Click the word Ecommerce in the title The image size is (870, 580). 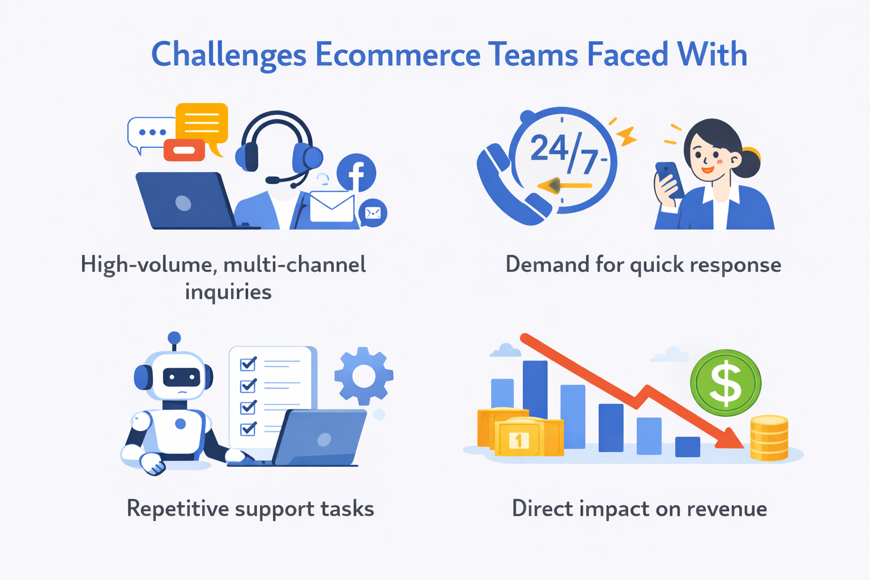[x=398, y=55]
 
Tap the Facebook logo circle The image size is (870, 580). [x=356, y=173]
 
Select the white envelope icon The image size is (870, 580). [x=332, y=207]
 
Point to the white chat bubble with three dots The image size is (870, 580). [x=151, y=133]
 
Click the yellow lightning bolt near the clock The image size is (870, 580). [x=626, y=137]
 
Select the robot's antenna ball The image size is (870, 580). [x=174, y=338]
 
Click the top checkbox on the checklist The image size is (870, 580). [x=248, y=364]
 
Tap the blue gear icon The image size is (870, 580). [x=364, y=376]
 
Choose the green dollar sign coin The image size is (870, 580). [x=726, y=383]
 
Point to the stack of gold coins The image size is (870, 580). [x=769, y=438]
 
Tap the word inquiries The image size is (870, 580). [x=228, y=292]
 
